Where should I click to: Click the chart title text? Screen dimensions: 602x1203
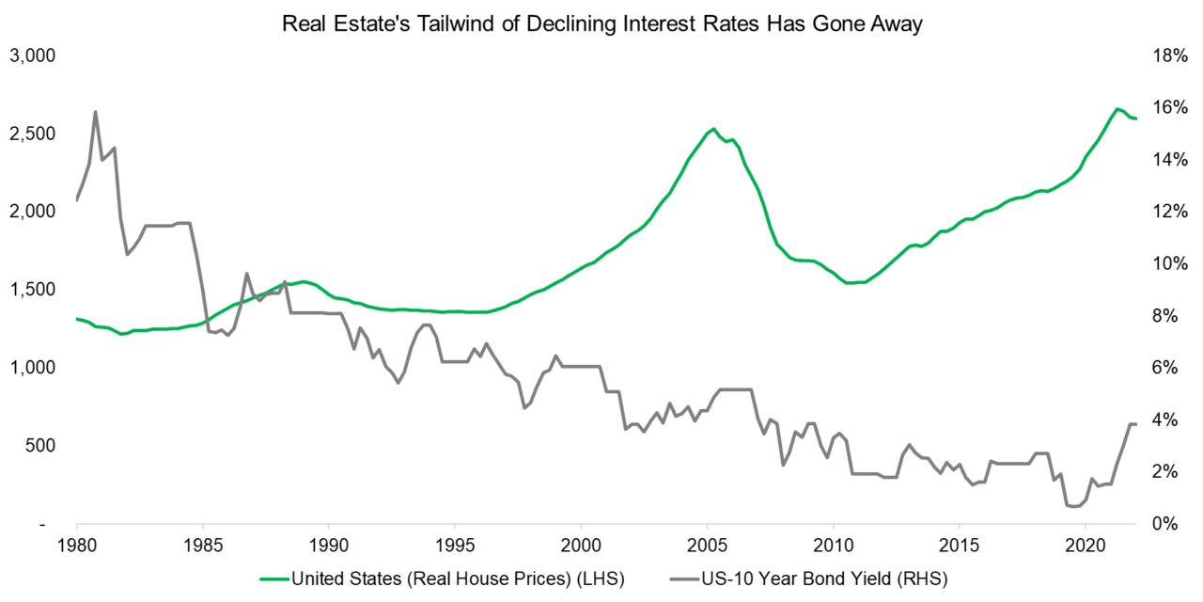tap(602, 25)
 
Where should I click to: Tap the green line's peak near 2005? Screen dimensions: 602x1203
tap(713, 129)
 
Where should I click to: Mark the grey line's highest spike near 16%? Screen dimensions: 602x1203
tap(95, 112)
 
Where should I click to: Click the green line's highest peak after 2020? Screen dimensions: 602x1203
tap(1115, 109)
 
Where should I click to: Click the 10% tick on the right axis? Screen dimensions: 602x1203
tap(1166, 263)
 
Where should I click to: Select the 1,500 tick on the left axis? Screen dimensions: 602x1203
tap(33, 289)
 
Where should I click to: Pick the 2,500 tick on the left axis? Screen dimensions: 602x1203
tap(33, 134)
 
